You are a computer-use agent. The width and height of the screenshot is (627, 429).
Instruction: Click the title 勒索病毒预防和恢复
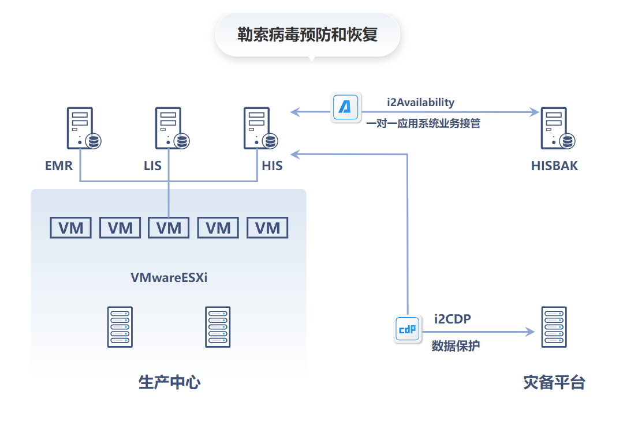(307, 34)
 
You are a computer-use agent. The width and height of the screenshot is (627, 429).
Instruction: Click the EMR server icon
(81, 129)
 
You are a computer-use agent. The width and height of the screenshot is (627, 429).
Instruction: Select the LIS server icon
(170, 129)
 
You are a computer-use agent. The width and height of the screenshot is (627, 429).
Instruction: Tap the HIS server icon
(259, 129)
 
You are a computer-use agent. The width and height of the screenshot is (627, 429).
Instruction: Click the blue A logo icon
(345, 107)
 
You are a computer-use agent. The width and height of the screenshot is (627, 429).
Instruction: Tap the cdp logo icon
(408, 329)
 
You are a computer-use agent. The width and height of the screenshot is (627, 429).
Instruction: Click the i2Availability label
(420, 103)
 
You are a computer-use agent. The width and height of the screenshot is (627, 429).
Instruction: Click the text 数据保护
(456, 346)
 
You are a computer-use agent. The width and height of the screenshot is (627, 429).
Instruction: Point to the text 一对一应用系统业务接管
(423, 123)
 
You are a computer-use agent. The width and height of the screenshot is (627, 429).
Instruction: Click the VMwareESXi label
(169, 277)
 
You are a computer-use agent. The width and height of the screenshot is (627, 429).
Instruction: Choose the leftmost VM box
(70, 228)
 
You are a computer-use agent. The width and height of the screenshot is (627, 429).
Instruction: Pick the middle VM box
(169, 228)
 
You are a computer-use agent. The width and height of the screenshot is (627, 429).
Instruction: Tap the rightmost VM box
(267, 228)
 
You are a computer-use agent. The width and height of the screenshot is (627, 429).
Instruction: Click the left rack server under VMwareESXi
(120, 326)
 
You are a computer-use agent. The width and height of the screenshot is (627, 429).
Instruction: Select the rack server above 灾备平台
(554, 326)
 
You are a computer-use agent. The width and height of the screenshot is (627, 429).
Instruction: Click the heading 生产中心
(169, 382)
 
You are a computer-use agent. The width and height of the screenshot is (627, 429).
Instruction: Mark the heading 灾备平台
(554, 382)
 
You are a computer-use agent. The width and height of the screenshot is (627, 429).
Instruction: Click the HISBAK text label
(554, 166)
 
